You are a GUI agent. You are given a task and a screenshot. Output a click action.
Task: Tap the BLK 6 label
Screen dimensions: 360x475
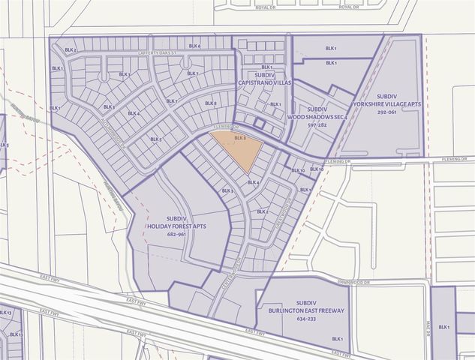pos(194,46)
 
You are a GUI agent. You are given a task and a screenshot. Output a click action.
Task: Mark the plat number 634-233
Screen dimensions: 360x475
pos(305,318)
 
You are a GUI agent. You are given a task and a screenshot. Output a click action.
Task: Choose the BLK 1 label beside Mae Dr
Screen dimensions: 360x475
pos(443,327)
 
